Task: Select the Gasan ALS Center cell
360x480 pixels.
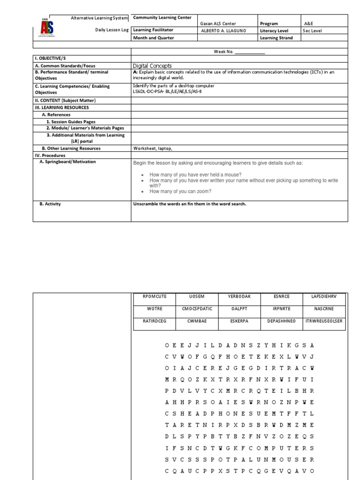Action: coord(218,23)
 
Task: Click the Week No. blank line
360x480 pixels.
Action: coord(250,52)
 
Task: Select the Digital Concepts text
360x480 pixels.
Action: coord(152,66)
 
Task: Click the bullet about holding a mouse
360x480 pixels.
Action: coord(195,174)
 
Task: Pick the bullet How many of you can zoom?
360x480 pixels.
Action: coord(180,191)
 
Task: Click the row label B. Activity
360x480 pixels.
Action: coord(50,204)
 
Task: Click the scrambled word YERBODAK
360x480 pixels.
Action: coord(239,297)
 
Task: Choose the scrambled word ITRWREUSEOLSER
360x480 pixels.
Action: coord(323,321)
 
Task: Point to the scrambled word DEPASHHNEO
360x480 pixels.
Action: coord(281,321)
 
